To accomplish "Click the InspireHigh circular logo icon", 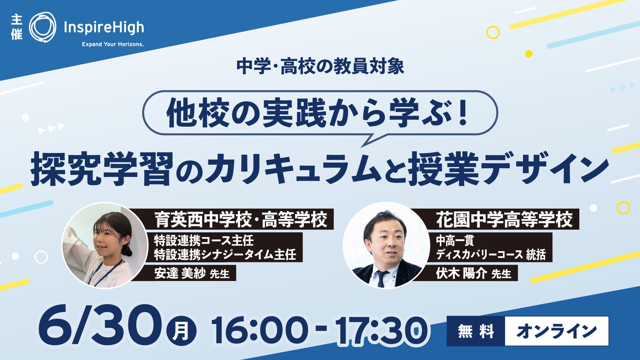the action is coord(43,27).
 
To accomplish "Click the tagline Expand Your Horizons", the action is coord(113,44).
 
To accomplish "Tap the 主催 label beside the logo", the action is coord(17,27).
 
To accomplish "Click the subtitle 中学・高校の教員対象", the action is coord(320,66).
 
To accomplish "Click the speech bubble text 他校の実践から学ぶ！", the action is coord(319,114).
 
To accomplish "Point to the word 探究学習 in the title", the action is coord(102,168).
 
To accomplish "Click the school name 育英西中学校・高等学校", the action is coord(241,219).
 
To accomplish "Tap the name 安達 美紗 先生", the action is coord(192,273).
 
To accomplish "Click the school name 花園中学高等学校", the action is coord(505,219).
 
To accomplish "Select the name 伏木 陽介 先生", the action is coord(474,273).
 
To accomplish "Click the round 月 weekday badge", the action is coord(182,330).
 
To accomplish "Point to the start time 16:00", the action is coord(260,330).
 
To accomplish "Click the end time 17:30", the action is coord(382,330).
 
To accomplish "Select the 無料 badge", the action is coord(476,331).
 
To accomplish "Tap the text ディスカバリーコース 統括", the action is coord(491,255).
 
